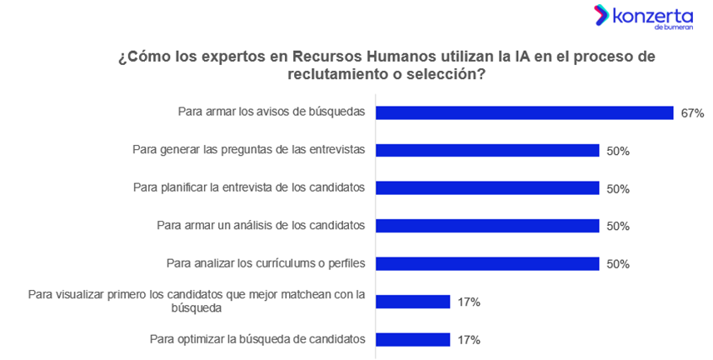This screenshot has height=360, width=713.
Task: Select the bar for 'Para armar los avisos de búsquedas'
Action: (524, 112)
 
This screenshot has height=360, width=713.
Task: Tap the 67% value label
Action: (692, 113)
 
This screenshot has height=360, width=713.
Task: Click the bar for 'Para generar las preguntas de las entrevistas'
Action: (487, 150)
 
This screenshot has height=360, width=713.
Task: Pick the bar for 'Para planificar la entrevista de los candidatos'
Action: (487, 188)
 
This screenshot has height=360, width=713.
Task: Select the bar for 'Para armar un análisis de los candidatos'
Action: (487, 226)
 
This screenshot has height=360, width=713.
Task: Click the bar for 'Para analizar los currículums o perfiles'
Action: (487, 263)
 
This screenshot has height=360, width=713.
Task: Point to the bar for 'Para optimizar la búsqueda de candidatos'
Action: (413, 339)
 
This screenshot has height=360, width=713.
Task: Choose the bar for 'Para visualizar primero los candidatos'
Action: (413, 302)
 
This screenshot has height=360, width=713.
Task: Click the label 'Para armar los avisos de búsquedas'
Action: (272, 112)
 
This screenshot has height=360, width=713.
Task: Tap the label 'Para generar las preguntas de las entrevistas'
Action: (249, 150)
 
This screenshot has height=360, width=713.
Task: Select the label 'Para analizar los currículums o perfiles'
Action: (267, 263)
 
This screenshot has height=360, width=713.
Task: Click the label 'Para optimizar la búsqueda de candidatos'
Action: (257, 338)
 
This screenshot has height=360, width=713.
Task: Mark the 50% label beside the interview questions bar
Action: (618, 151)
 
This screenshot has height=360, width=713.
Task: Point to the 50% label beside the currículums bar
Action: (618, 264)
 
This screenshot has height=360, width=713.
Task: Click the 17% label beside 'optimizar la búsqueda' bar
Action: (468, 340)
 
